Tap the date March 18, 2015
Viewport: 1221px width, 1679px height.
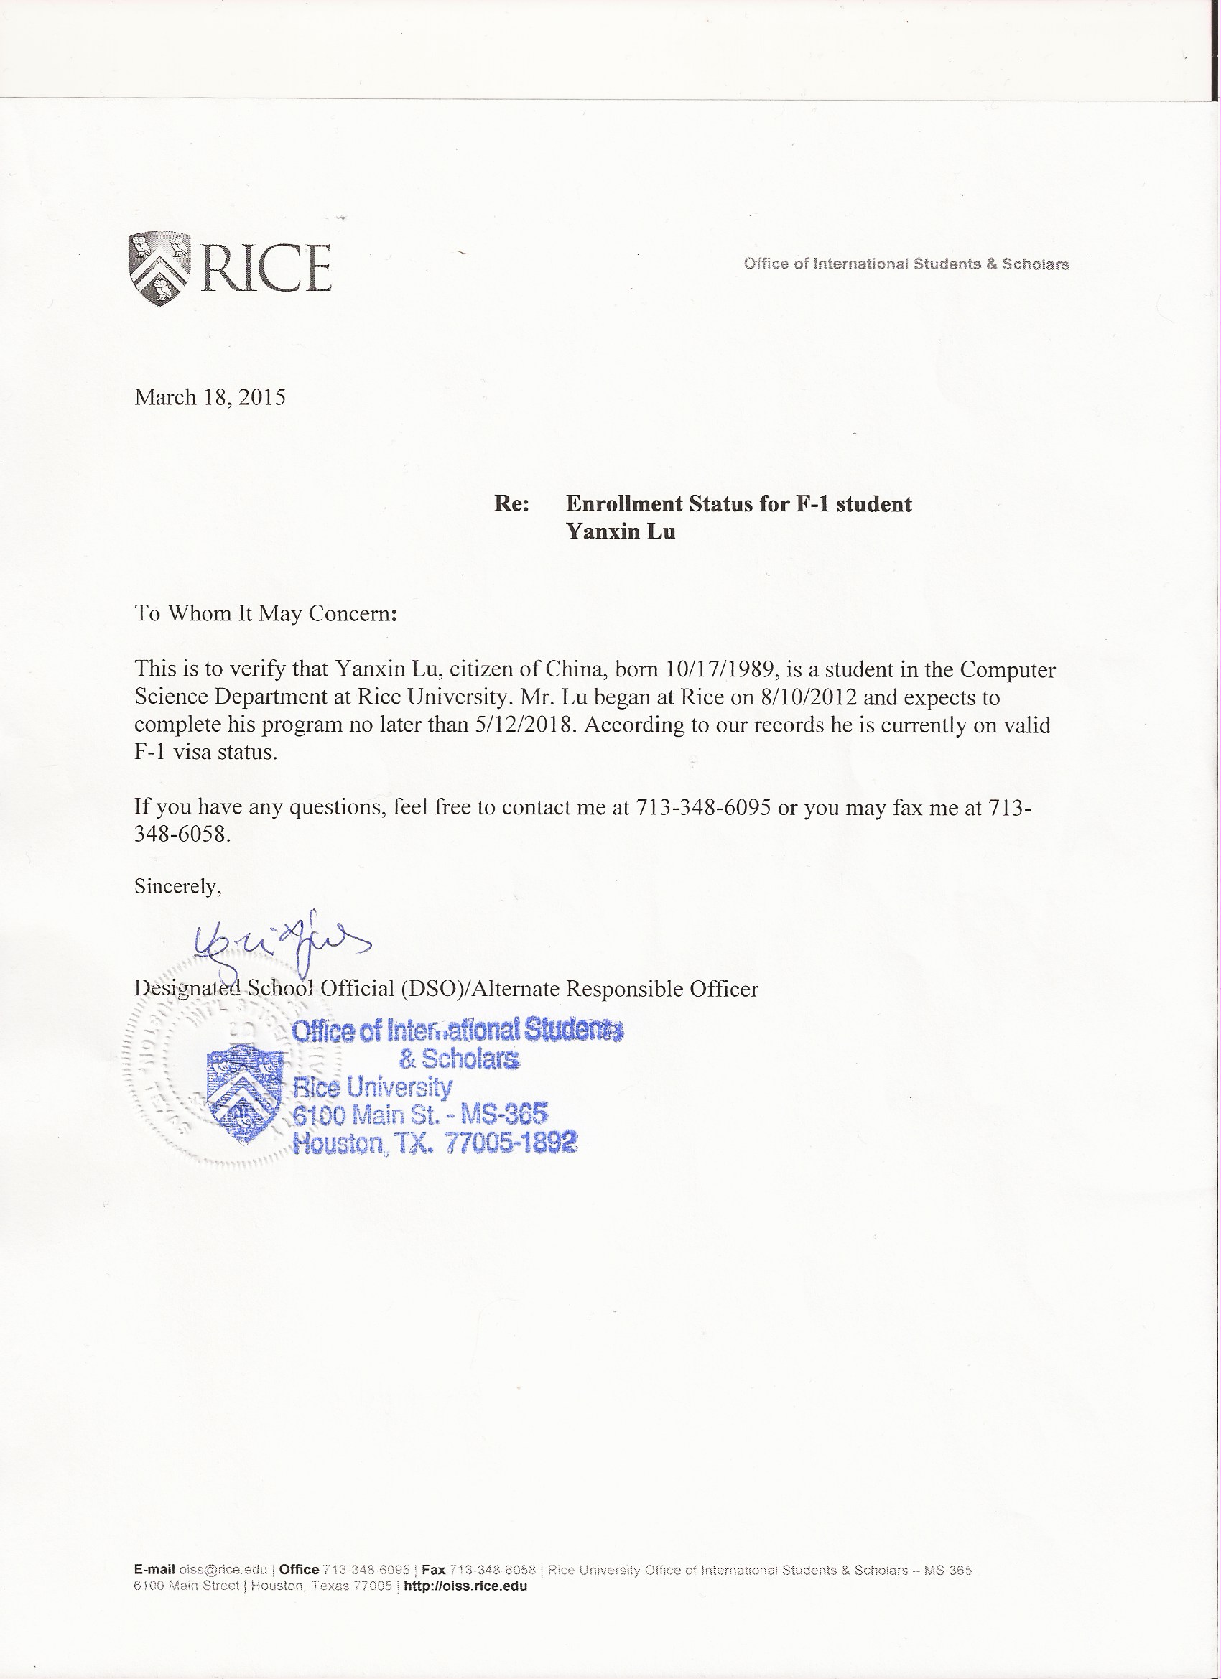tap(210, 398)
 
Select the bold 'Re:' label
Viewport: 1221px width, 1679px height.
tap(511, 504)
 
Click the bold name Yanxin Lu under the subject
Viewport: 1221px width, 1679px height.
tap(621, 531)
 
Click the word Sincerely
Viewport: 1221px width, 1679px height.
tap(177, 886)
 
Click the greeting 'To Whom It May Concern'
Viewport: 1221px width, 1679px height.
tap(263, 614)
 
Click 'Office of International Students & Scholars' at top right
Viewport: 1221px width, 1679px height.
tap(906, 264)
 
